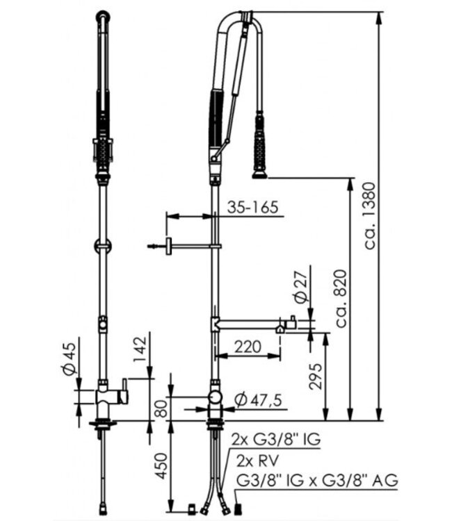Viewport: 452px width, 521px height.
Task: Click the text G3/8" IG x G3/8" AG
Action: [x=317, y=479]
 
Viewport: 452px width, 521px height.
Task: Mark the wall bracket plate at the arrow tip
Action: [x=168, y=247]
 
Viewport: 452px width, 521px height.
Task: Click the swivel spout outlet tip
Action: [x=280, y=328]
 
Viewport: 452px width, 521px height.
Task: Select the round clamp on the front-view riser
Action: [x=102, y=245]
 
